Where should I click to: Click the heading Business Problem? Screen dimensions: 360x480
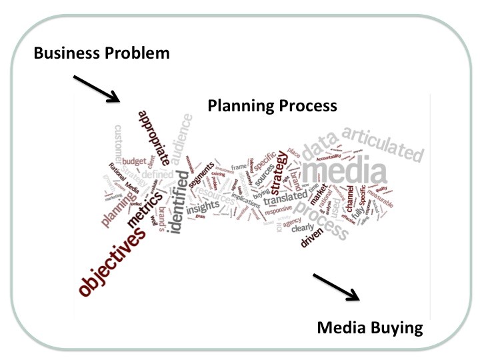tap(102, 52)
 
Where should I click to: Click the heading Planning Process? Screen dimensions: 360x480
tap(272, 106)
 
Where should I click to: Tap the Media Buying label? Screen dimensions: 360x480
tap(370, 327)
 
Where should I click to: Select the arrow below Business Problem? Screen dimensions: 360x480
tap(96, 89)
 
